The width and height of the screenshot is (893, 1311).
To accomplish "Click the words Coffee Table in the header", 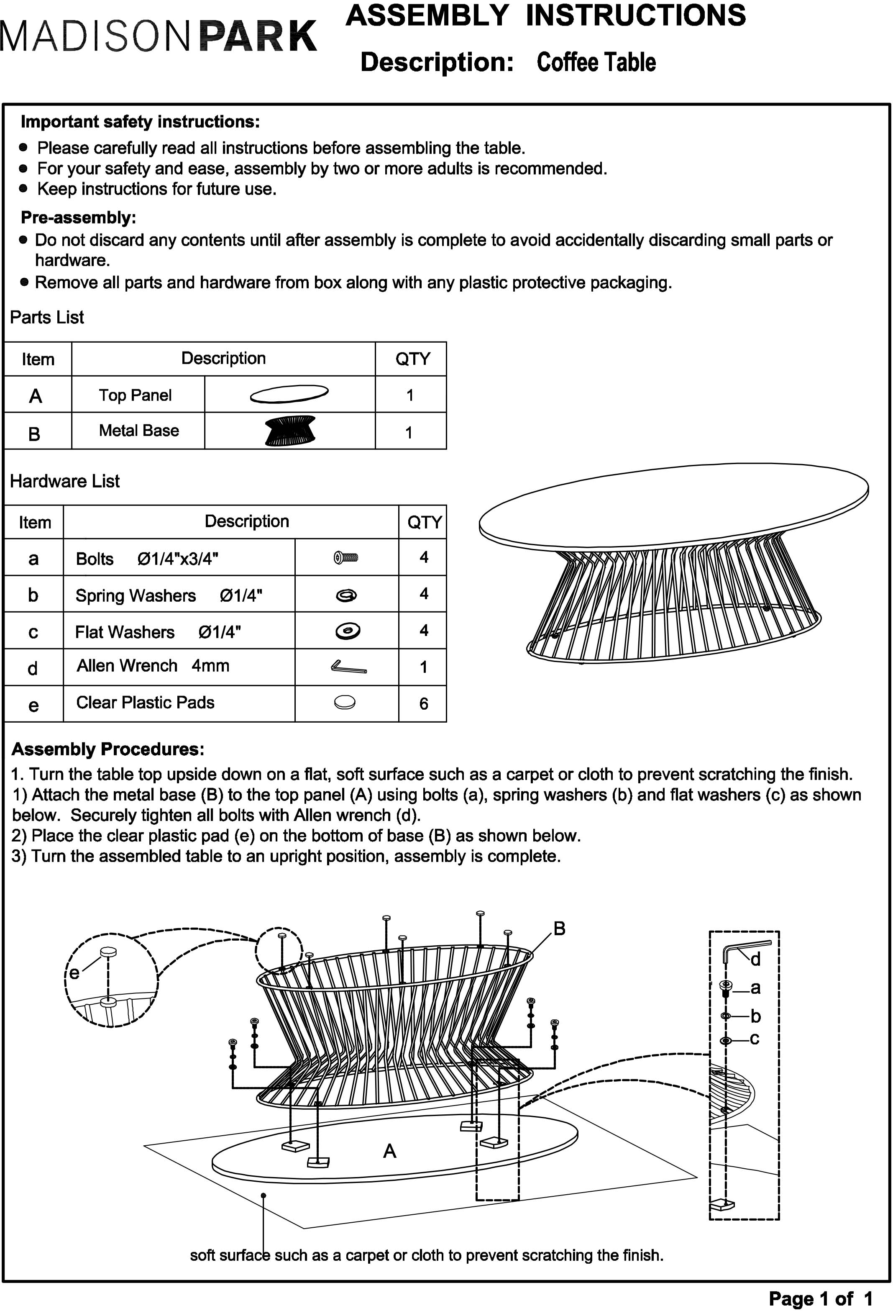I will coord(596,62).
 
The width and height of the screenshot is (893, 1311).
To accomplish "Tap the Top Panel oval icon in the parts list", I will coord(289,394).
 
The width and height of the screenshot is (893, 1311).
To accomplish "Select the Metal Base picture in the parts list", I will coord(290,431).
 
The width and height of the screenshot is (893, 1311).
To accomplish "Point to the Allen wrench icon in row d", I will coord(348,667).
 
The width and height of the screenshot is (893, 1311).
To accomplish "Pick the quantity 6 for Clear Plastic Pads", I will coord(423,703).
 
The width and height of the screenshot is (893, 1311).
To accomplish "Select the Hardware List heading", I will coord(65,481).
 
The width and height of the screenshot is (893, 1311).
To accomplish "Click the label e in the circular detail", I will coord(74,972).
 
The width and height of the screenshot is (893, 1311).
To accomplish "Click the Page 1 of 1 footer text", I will coord(820,1298).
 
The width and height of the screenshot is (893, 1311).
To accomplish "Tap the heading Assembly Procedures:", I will coord(107,749).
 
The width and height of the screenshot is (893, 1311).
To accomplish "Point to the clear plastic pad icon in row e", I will coord(345,702).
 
